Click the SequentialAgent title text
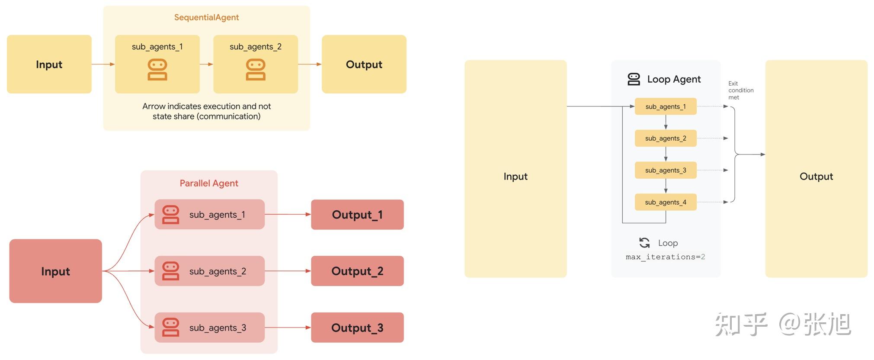tap(206, 17)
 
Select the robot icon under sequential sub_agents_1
tap(157, 70)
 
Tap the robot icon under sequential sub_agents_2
tap(256, 70)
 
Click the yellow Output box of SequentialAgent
tap(364, 64)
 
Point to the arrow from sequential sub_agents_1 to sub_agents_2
tap(207, 64)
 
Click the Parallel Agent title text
tap(209, 183)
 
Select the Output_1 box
tap(357, 215)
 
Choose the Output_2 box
tap(357, 271)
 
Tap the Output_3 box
tap(357, 328)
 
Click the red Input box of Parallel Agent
tap(55, 271)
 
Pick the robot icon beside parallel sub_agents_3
tap(171, 328)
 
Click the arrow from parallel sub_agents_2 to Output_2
tap(288, 271)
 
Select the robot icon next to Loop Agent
tap(634, 79)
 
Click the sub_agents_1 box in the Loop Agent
tap(666, 106)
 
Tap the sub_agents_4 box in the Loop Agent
tap(666, 202)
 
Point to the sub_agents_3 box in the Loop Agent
tap(666, 170)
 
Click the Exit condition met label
tap(740, 90)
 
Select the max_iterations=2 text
tap(665, 257)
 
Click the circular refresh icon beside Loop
tap(644, 243)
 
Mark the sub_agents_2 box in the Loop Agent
tap(666, 138)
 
